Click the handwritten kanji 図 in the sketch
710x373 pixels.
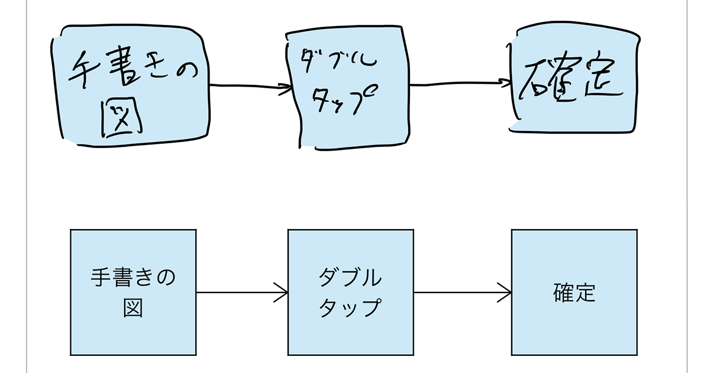coord(122,118)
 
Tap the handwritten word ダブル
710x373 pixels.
coord(338,60)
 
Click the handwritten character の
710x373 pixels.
coord(187,72)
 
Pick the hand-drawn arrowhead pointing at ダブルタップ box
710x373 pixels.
coord(285,89)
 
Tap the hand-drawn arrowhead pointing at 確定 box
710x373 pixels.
coord(505,83)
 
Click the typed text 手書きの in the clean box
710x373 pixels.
coord(133,277)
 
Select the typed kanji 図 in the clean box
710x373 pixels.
coord(133,307)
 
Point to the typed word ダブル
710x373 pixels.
coord(350,277)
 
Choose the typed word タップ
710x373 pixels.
coord(350,307)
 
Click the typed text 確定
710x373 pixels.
coord(575,292)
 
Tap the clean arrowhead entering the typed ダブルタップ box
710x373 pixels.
coord(281,292)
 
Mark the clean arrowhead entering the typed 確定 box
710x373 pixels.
coord(504,292)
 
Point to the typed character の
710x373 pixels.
coord(166,278)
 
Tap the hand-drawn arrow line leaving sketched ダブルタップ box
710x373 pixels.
coord(460,83)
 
